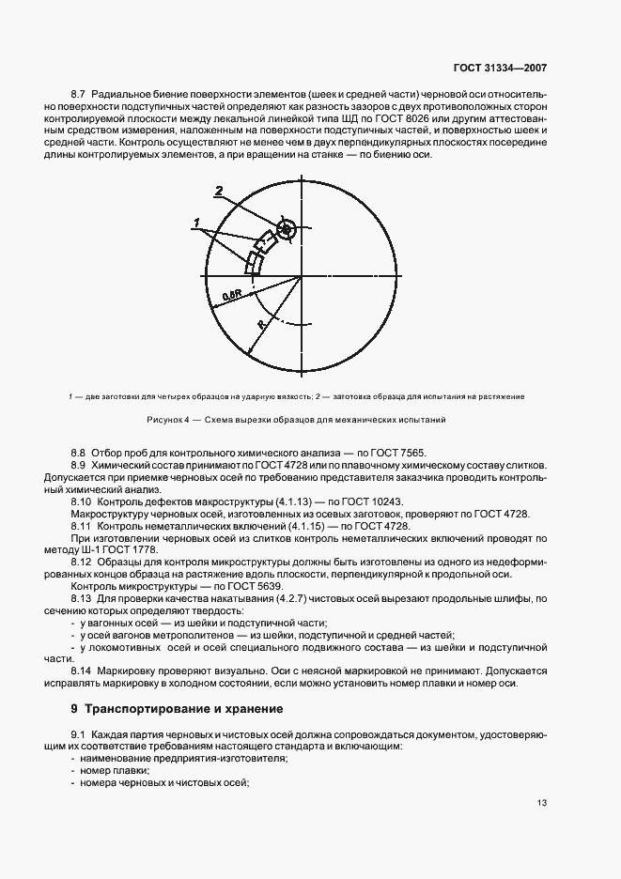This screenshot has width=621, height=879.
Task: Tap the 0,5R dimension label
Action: point(230,297)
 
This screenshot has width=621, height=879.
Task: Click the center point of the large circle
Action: point(300,277)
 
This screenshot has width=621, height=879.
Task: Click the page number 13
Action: point(543,803)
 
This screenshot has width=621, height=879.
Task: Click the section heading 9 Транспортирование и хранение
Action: point(169,707)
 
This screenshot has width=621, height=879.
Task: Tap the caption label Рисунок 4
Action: point(170,418)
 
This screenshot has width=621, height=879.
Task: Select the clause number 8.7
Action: point(79,95)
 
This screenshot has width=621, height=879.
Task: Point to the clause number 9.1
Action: point(79,733)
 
